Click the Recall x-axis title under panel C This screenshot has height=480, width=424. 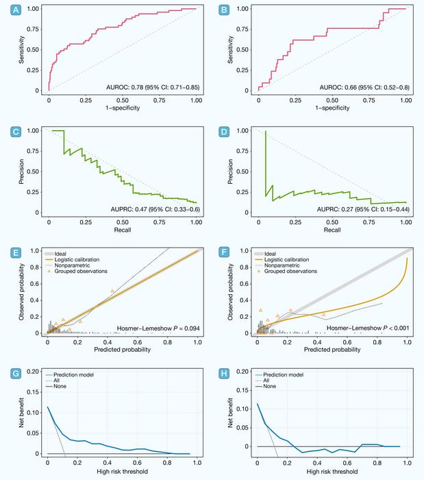(x=121, y=230)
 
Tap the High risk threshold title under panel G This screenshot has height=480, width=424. (x=121, y=472)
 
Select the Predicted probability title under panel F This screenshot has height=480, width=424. (x=332, y=350)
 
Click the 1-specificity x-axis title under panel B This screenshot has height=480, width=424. (x=332, y=109)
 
